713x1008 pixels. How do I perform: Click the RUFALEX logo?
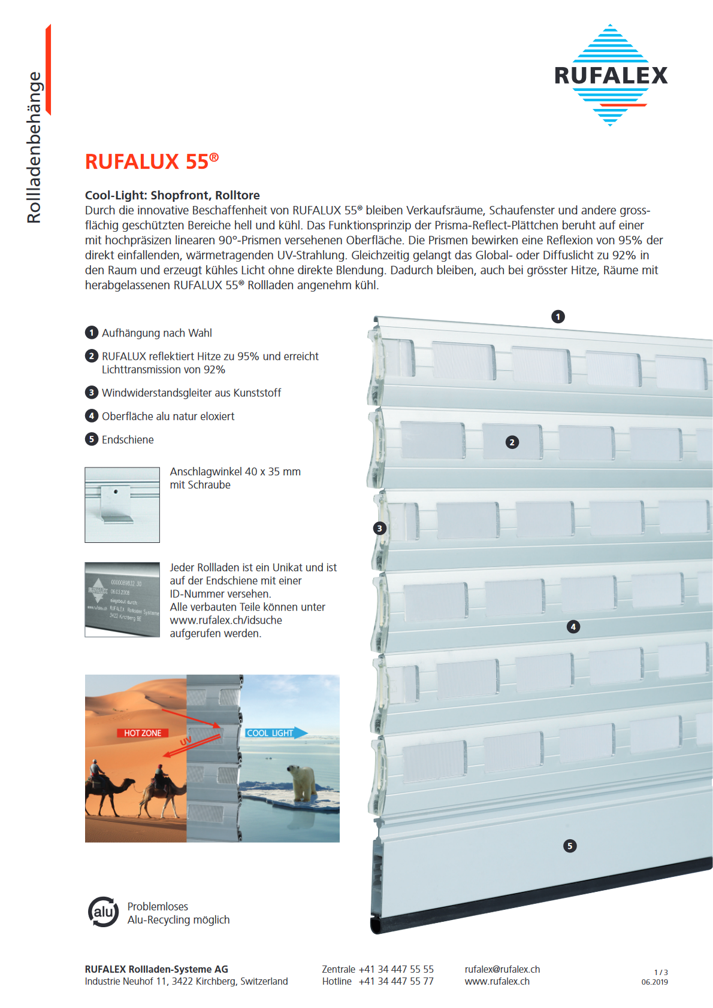611,75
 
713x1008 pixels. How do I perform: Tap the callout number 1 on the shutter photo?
558,317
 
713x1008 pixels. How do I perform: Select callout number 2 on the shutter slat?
512,442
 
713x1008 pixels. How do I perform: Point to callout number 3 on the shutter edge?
379,529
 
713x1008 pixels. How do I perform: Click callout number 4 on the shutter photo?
573,627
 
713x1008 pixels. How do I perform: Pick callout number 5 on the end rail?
570,846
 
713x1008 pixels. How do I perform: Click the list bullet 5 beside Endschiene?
92,439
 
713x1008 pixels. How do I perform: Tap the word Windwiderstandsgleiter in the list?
158,393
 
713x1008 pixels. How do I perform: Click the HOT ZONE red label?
143,733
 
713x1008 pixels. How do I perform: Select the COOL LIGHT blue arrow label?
274,733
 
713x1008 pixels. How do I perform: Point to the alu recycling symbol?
104,912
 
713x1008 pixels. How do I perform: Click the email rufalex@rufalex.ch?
502,969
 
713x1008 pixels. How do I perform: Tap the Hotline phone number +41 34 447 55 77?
396,981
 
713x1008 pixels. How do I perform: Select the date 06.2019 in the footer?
654,982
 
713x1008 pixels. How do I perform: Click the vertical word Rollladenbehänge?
34,147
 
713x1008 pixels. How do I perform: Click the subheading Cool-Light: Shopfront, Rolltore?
173,195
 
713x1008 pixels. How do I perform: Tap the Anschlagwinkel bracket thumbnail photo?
122,505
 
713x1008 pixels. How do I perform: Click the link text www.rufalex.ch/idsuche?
226,620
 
